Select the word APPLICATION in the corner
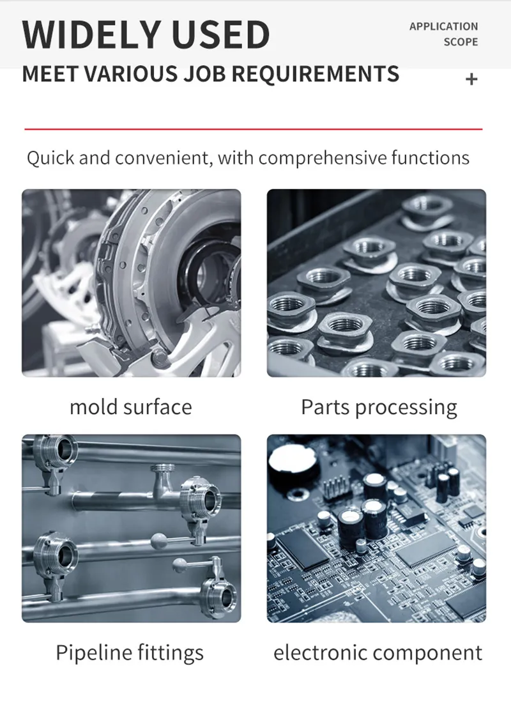coord(443,26)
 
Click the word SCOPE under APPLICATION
coord(461,42)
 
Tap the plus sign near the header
coord(471,79)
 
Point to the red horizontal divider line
coord(254,129)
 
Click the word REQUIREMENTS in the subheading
coord(316,74)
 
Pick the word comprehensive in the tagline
coord(323,158)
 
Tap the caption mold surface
coord(131,406)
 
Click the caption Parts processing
coord(379,407)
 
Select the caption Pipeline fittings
coord(130,652)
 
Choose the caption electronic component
coord(378,652)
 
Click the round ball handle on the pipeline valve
coord(159,541)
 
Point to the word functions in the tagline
coord(431,158)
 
